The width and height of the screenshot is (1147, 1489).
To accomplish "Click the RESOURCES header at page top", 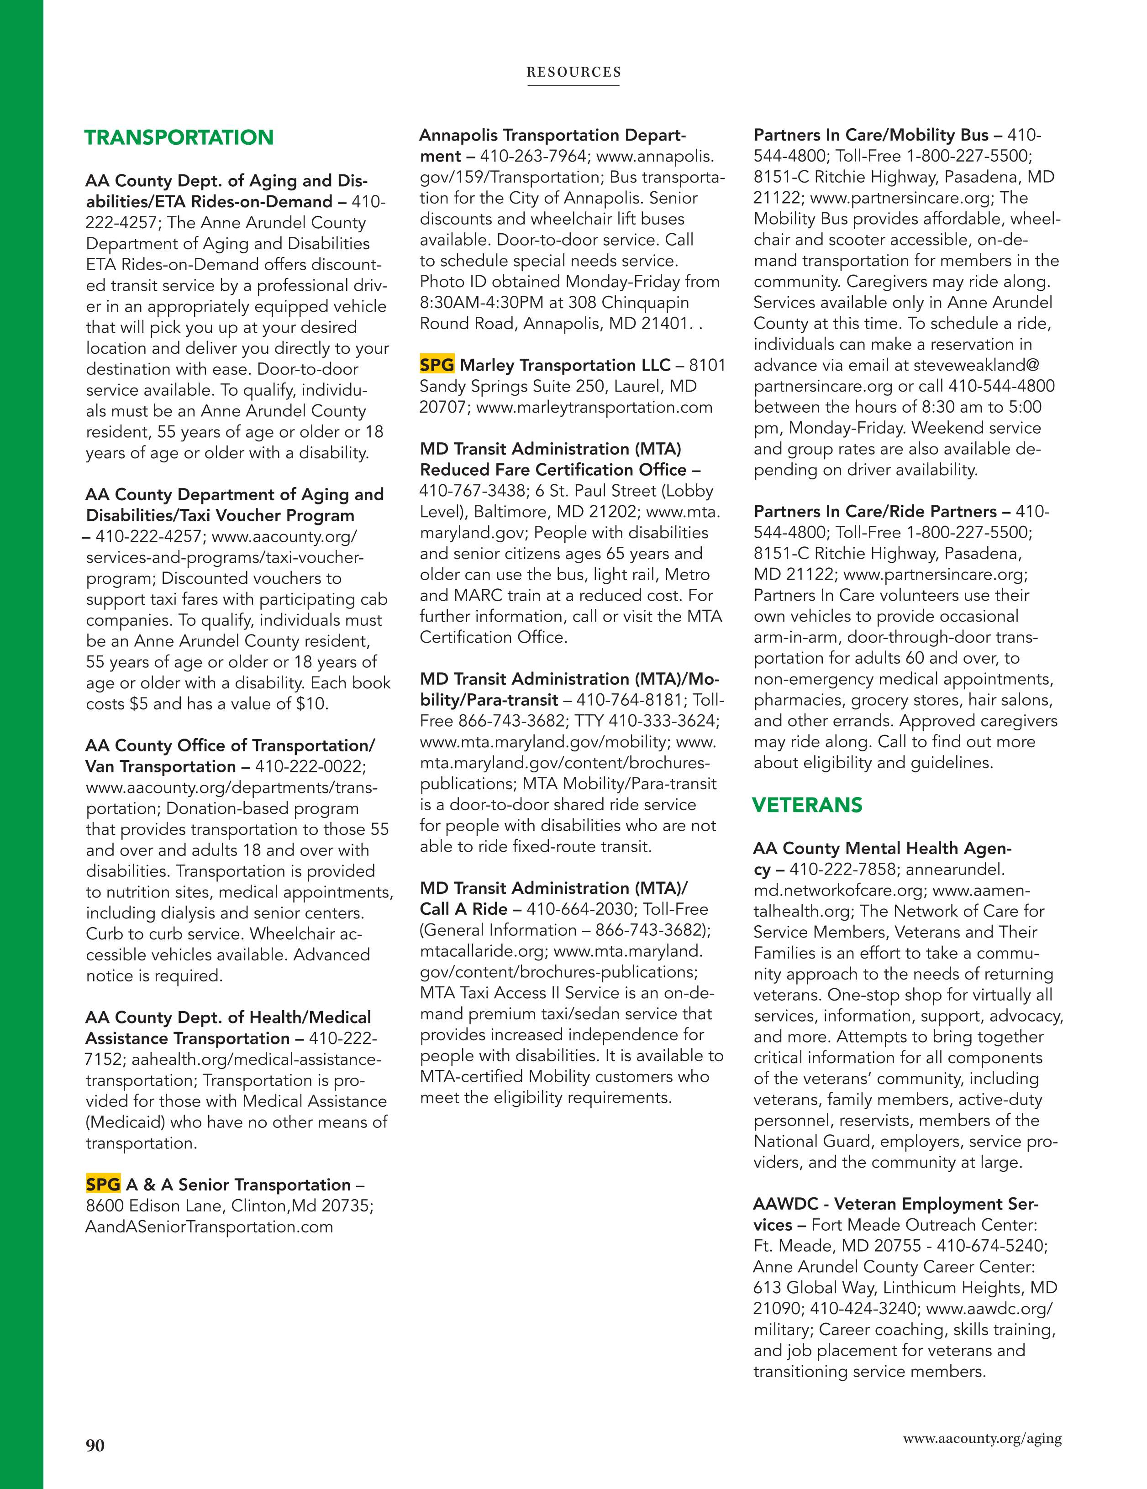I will (x=573, y=72).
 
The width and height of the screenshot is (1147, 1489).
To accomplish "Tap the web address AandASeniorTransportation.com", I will (x=209, y=1227).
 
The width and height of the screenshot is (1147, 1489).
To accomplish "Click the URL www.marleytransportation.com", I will (x=594, y=407).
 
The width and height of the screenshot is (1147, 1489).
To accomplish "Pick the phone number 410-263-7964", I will (x=533, y=156).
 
